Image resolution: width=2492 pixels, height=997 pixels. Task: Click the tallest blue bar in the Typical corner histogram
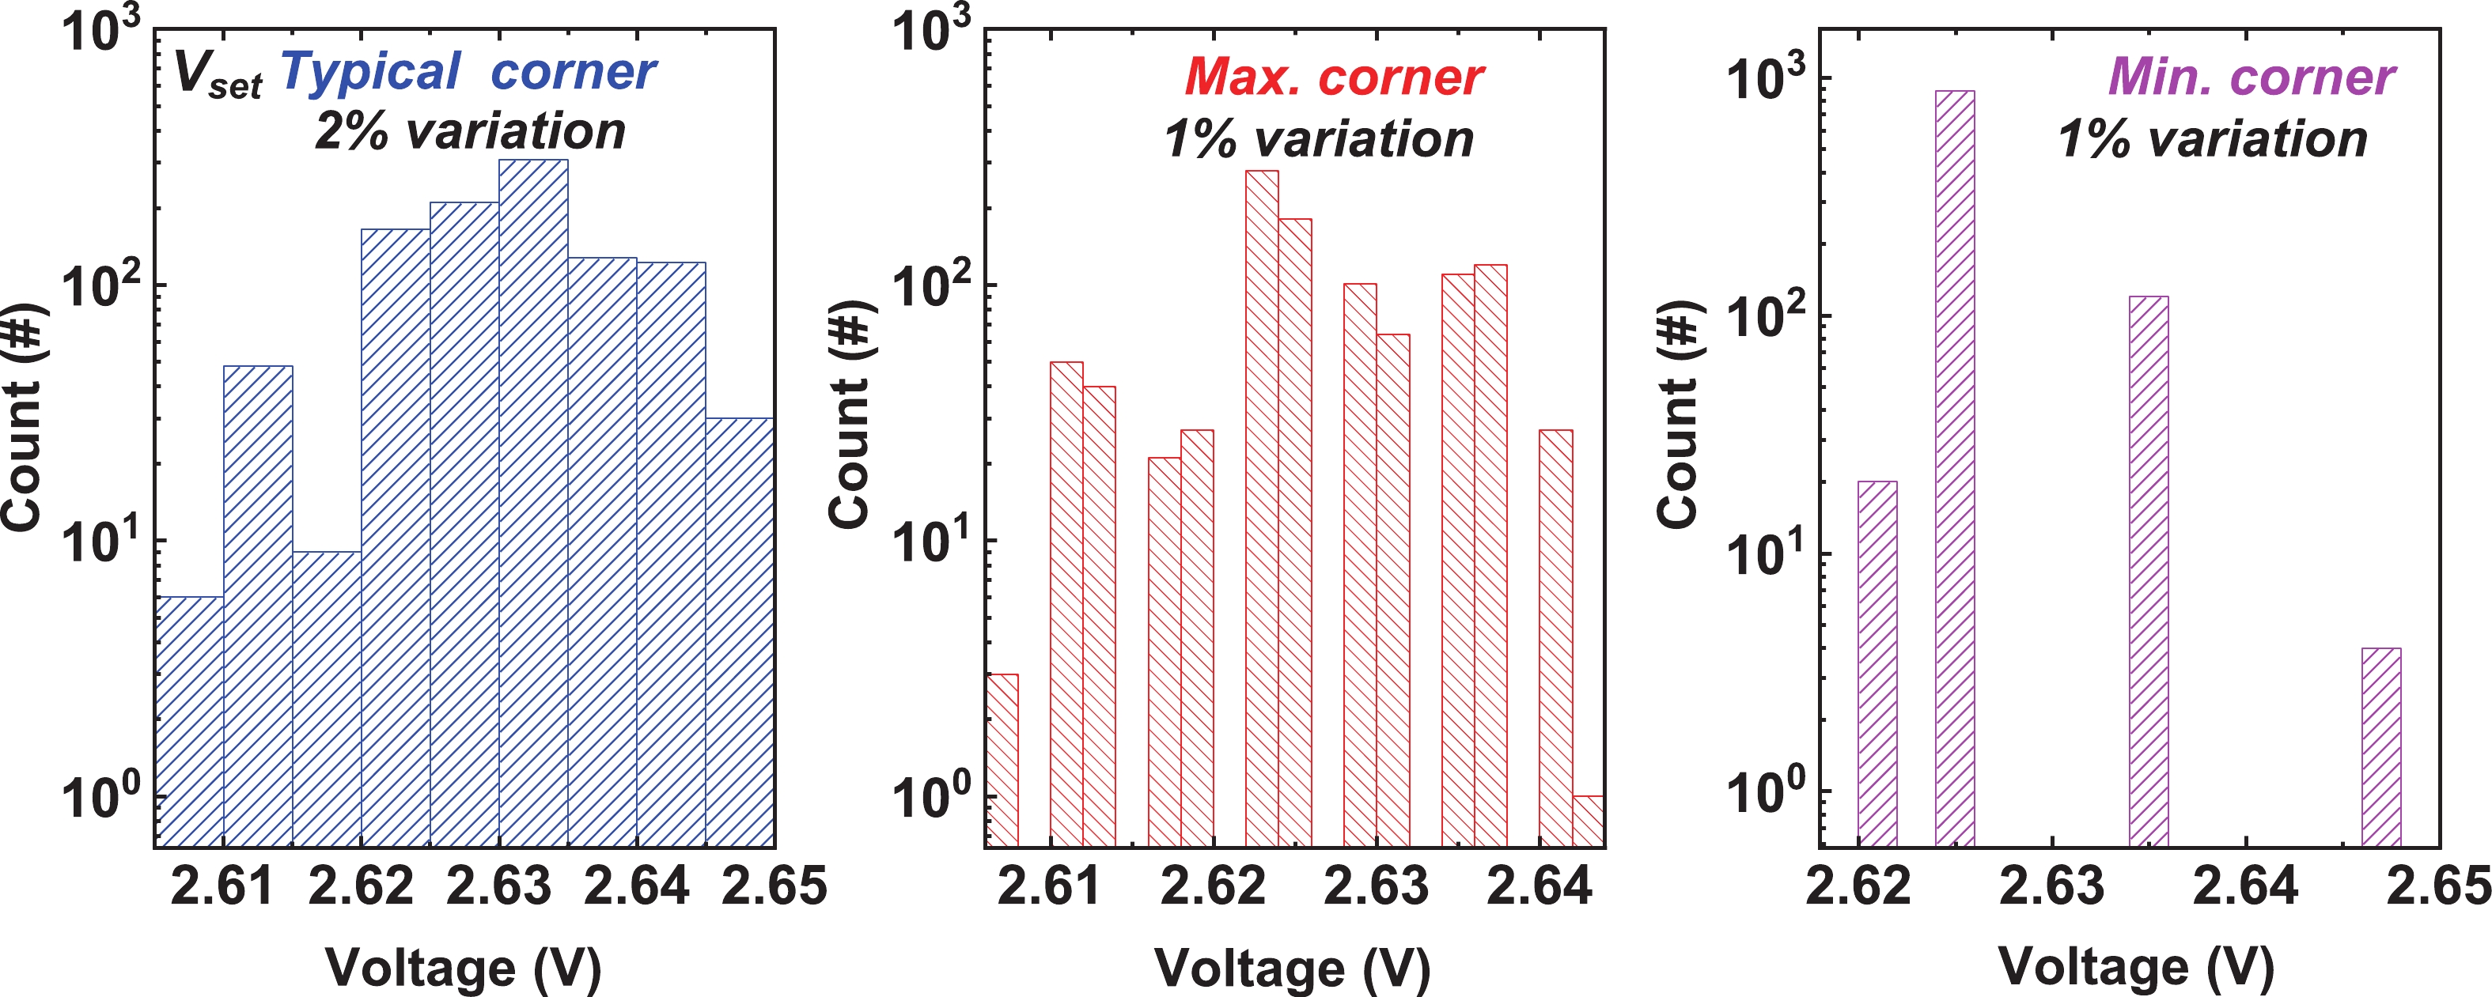point(533,503)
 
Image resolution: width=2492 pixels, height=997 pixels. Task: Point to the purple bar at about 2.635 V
point(2149,571)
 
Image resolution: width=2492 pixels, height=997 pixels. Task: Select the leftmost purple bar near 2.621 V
point(1878,663)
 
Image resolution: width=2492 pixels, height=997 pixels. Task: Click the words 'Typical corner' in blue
point(468,72)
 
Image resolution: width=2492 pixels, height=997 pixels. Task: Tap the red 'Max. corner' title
point(1333,77)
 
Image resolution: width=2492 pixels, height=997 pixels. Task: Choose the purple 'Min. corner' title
point(2252,77)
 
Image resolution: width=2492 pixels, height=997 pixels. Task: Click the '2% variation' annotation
point(470,131)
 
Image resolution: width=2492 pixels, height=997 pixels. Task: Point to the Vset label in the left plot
point(218,75)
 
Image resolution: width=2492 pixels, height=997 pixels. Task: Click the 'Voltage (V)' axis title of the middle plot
point(1293,967)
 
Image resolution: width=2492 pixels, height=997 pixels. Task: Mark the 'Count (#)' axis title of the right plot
point(1679,416)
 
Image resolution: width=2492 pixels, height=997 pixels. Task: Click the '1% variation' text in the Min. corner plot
point(2213,139)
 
